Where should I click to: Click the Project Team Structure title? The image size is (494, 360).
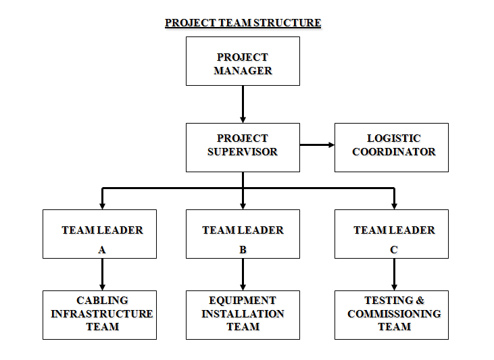point(243,23)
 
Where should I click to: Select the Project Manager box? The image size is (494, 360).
point(243,61)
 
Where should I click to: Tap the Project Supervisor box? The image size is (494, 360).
point(243,147)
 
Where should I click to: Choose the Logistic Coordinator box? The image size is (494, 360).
point(391,147)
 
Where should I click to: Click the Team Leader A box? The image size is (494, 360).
point(99,234)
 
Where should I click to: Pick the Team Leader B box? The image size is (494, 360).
point(243,234)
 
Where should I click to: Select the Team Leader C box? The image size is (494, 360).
point(391,234)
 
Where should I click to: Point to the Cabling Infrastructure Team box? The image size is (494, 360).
point(99,315)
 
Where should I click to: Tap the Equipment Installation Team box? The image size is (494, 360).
point(243,315)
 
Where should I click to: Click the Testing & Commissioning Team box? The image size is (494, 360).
point(391,315)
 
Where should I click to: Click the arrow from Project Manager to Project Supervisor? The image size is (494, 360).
point(243,104)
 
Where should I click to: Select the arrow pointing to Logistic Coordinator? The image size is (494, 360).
point(317,145)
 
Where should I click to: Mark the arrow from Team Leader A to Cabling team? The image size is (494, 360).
point(102,274)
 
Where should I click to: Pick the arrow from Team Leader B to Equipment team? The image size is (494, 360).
point(243,274)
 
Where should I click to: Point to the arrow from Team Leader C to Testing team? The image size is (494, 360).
point(394,274)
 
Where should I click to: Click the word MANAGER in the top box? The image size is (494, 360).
point(243,70)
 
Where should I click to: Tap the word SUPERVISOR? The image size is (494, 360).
point(243,152)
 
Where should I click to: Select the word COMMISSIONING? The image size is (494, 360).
point(394,314)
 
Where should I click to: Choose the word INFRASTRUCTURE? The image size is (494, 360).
point(102,314)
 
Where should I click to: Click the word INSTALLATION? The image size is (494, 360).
point(243,314)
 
